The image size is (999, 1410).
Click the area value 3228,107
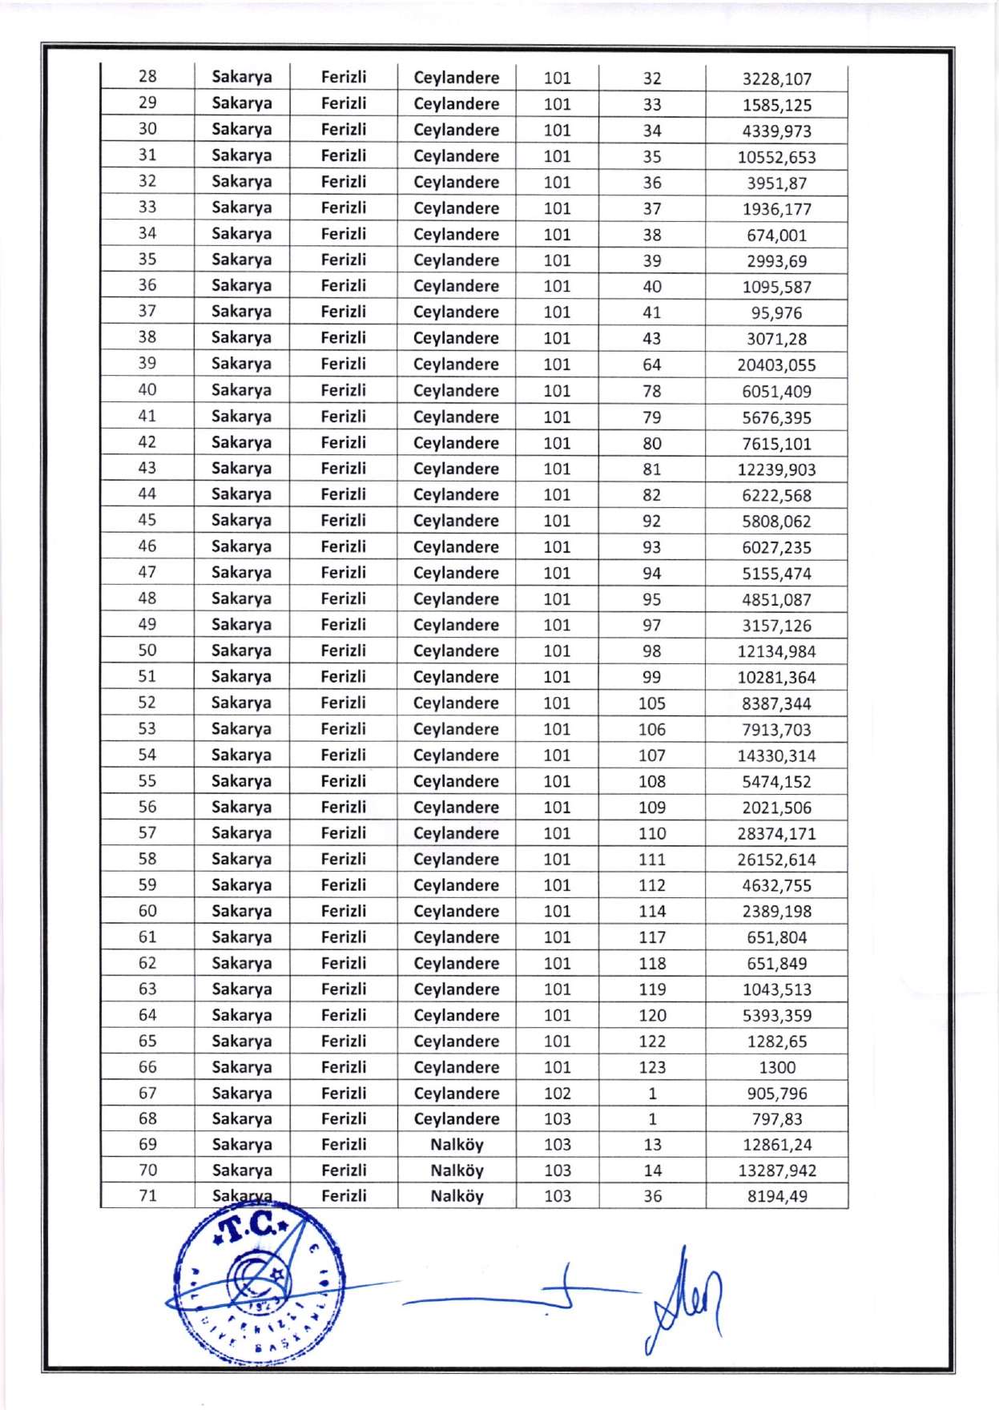point(776,79)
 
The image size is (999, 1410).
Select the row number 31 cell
point(147,155)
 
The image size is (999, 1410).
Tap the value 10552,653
point(776,157)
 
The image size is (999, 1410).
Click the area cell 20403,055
point(776,365)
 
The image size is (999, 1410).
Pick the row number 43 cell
point(147,468)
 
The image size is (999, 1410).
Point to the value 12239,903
point(776,469)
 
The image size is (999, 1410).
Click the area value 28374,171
point(776,834)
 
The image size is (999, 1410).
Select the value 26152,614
point(776,860)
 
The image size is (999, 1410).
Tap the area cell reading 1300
point(777,1068)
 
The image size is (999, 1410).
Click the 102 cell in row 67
point(558,1094)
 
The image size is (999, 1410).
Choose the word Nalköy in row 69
point(457,1145)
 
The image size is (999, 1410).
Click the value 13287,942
point(777,1171)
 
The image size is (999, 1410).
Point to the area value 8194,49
point(777,1197)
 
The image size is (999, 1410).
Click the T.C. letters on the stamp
point(248,1227)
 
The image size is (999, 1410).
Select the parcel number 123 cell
point(652,1068)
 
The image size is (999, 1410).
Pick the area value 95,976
point(776,313)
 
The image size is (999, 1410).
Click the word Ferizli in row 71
point(344,1196)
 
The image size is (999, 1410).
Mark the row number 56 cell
point(147,807)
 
